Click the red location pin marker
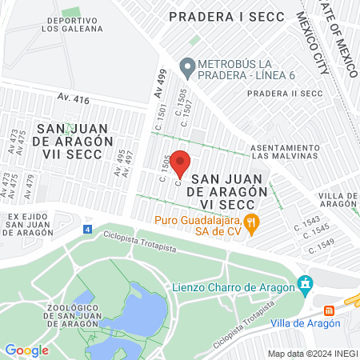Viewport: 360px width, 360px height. click(180, 163)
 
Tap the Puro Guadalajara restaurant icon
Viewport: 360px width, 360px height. click(251, 223)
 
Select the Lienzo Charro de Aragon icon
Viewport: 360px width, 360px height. click(304, 283)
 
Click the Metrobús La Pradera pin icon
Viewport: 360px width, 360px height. click(187, 68)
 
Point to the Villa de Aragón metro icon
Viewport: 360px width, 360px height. click(328, 310)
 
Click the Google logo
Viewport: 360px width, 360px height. click(26, 350)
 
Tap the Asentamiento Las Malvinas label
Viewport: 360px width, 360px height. click(286, 152)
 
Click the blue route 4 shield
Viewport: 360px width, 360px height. click(86, 230)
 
